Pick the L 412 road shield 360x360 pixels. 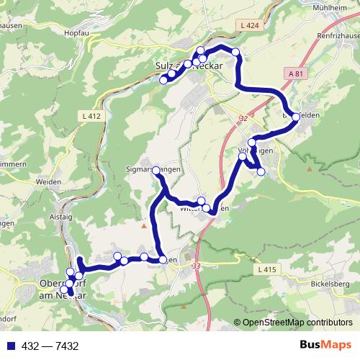click(x=93, y=115)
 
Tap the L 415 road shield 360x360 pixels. click(x=266, y=269)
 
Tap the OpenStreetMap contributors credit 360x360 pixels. click(x=297, y=323)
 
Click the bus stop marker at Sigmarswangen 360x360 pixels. click(x=156, y=171)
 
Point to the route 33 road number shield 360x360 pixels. click(x=197, y=266)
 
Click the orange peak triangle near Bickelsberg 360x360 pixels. click(x=309, y=169)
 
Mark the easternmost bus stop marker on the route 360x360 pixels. click(x=296, y=116)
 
